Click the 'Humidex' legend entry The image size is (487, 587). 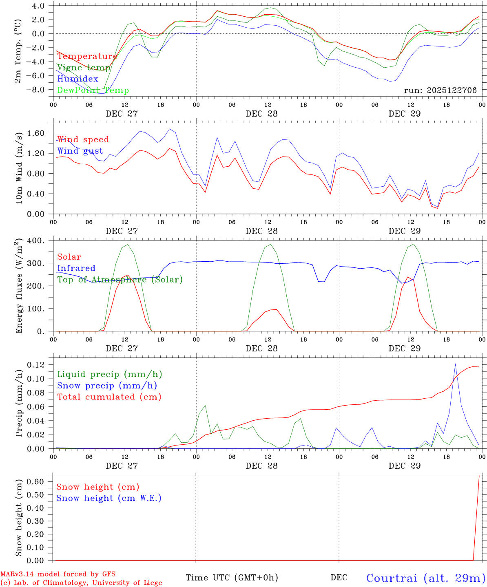point(77,79)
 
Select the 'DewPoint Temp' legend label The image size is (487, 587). point(93,90)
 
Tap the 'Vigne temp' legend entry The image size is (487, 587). point(84,68)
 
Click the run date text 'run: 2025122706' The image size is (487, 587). point(440,90)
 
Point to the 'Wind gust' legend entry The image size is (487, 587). point(80,151)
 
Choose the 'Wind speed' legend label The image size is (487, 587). point(83,140)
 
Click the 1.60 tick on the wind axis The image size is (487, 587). point(36,133)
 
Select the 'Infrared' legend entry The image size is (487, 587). point(76,268)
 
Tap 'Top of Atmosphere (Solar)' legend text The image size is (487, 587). point(120,280)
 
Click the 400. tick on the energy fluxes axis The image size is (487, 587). point(38,241)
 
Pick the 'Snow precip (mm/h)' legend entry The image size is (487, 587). point(107,386)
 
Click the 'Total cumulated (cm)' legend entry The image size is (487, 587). point(109,397)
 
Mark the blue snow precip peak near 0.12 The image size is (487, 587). point(455,364)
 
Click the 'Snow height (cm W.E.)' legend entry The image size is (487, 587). point(109,498)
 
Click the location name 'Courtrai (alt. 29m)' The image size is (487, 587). point(426,578)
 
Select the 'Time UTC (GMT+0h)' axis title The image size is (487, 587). point(232,578)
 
